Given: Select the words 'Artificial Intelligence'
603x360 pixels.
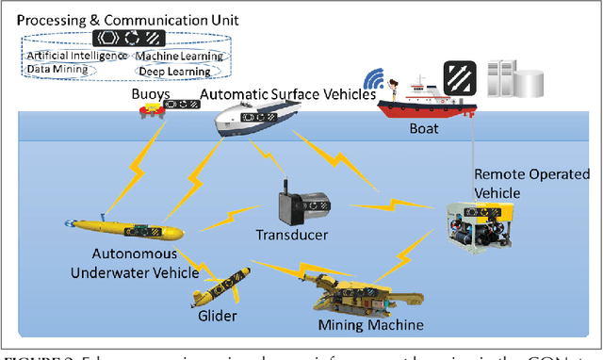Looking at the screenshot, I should (x=74, y=57).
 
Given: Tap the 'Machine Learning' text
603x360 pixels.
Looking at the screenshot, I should (x=179, y=57).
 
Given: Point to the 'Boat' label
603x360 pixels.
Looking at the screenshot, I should (x=422, y=134).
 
